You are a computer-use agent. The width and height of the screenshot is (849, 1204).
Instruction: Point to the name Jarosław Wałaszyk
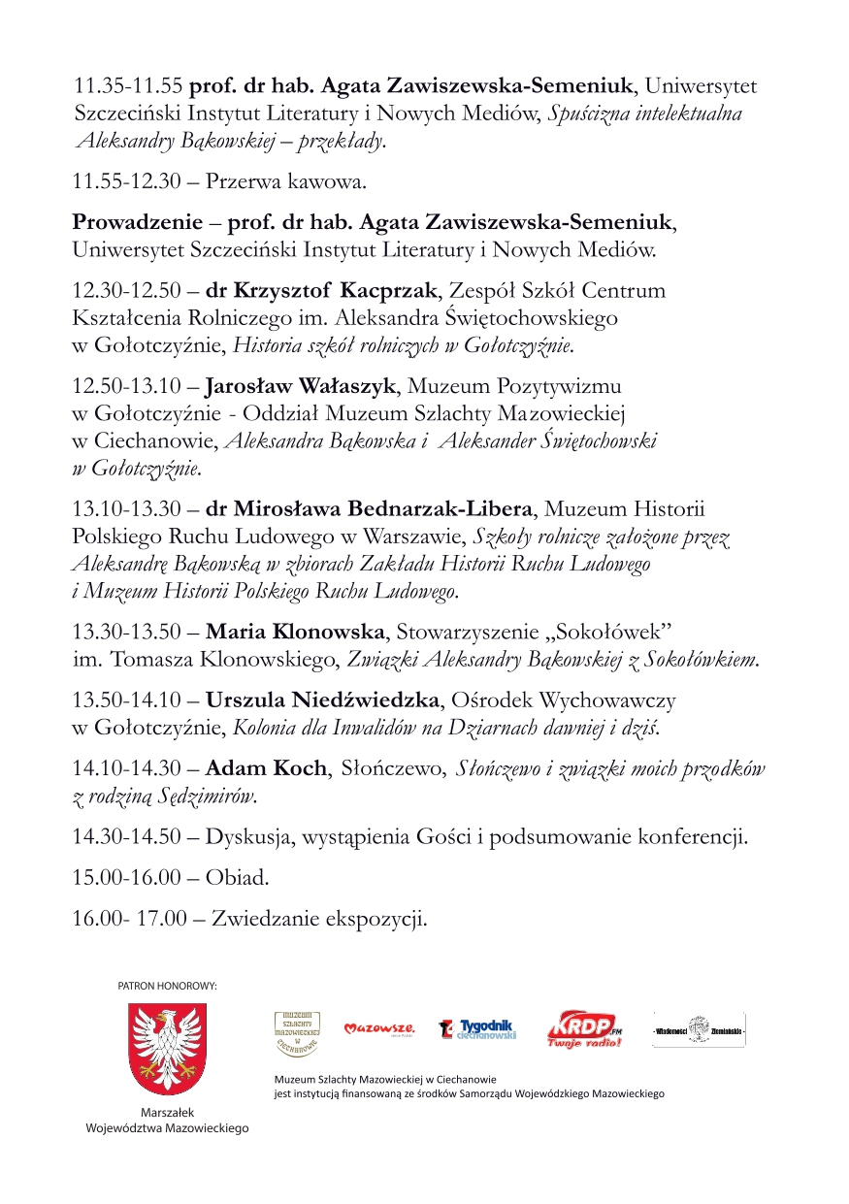point(300,387)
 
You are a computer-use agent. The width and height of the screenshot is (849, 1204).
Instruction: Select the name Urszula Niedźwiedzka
point(324,700)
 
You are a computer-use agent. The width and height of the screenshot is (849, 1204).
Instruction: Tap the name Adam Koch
point(266,768)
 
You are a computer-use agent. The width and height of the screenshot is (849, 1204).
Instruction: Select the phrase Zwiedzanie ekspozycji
point(319,918)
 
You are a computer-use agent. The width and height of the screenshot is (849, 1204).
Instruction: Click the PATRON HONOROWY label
point(167,986)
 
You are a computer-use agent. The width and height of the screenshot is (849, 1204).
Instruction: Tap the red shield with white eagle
point(167,1049)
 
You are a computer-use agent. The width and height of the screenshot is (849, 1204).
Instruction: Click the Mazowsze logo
point(380,1028)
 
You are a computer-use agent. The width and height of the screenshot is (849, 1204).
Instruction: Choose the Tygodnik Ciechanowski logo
point(478,1028)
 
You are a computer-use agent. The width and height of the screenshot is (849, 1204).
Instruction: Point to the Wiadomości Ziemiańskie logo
point(699,1029)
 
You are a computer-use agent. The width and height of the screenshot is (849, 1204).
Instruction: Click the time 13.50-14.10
point(127,700)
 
